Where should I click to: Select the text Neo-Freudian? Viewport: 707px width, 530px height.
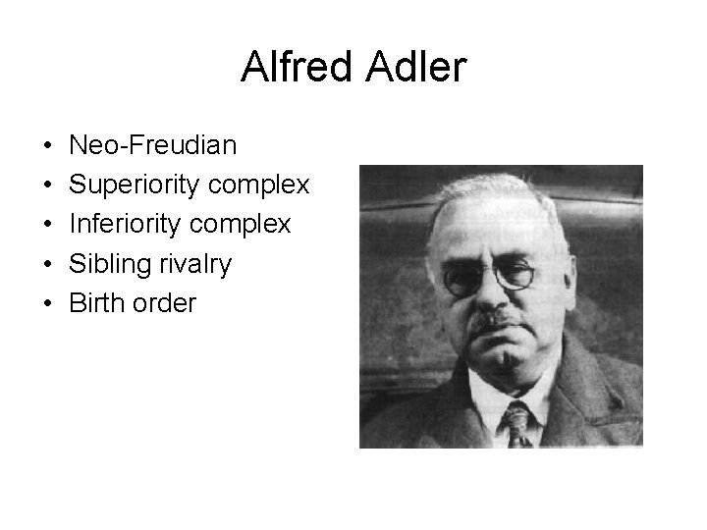click(x=152, y=146)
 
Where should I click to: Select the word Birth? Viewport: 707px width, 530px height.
click(x=95, y=303)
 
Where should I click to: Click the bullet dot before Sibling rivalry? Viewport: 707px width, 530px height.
click(x=47, y=265)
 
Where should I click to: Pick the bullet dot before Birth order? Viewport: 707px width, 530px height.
click(x=47, y=304)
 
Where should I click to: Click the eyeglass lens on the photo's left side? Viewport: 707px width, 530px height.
click(x=462, y=279)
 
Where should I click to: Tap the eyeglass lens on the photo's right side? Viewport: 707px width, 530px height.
click(x=516, y=274)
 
